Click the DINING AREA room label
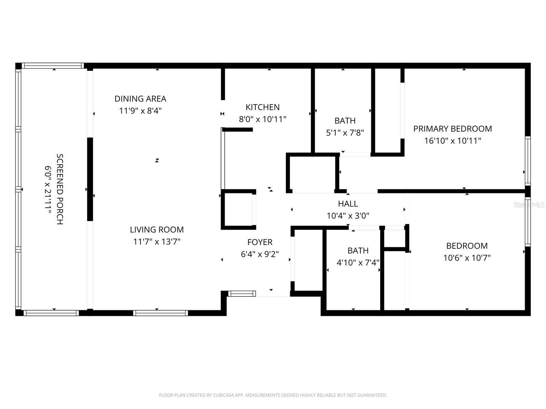coord(140,99)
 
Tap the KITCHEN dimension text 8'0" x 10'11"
coord(262,119)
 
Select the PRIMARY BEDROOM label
coord(452,129)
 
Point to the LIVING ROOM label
coord(157,230)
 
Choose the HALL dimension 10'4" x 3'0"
coord(348,216)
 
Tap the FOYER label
coord(260,242)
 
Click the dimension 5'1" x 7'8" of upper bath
coord(345,133)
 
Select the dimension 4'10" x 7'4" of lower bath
coord(358,263)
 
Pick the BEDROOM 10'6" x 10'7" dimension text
coord(467,258)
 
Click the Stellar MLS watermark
coord(529,205)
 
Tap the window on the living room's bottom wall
coord(160,313)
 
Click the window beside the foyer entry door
coord(242,294)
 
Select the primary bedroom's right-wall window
coord(528,161)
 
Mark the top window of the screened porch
coord(53,66)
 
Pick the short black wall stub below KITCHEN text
coord(238,130)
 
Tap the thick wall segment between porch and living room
coord(90,179)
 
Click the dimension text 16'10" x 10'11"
coord(452,141)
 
